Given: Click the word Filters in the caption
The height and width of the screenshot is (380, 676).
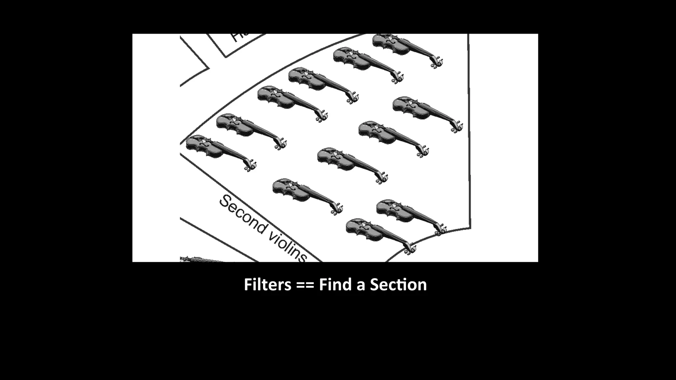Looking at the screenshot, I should point(267,285).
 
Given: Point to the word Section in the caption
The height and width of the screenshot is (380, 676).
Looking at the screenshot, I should point(398,285).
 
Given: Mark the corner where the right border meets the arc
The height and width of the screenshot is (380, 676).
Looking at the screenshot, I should point(470,228).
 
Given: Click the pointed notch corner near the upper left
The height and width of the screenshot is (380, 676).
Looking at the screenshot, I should point(209,68).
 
